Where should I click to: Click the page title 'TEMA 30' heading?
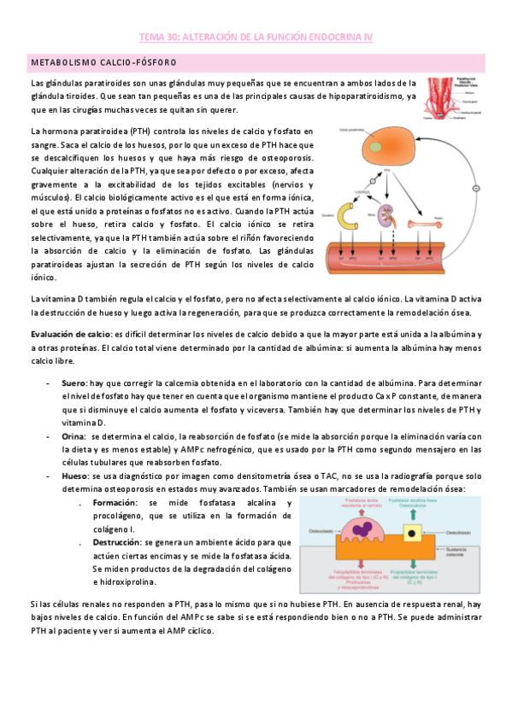256,38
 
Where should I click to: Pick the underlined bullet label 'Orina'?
74,435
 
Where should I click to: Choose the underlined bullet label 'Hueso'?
75,474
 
